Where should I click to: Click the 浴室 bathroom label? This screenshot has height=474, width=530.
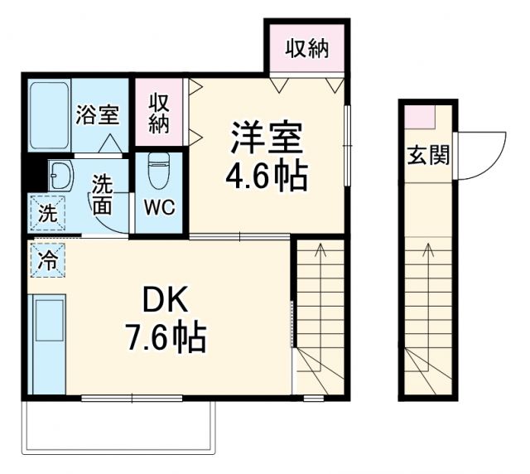[98, 115]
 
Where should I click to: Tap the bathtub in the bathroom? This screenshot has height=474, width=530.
[48, 115]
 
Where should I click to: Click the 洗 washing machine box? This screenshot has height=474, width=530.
[48, 212]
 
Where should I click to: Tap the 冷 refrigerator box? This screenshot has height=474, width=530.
[47, 260]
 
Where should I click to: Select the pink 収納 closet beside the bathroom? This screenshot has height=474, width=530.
[159, 113]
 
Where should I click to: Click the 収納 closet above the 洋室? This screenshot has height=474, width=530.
[307, 49]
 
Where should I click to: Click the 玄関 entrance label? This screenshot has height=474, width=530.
[427, 155]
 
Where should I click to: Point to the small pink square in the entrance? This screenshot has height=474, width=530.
[424, 116]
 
